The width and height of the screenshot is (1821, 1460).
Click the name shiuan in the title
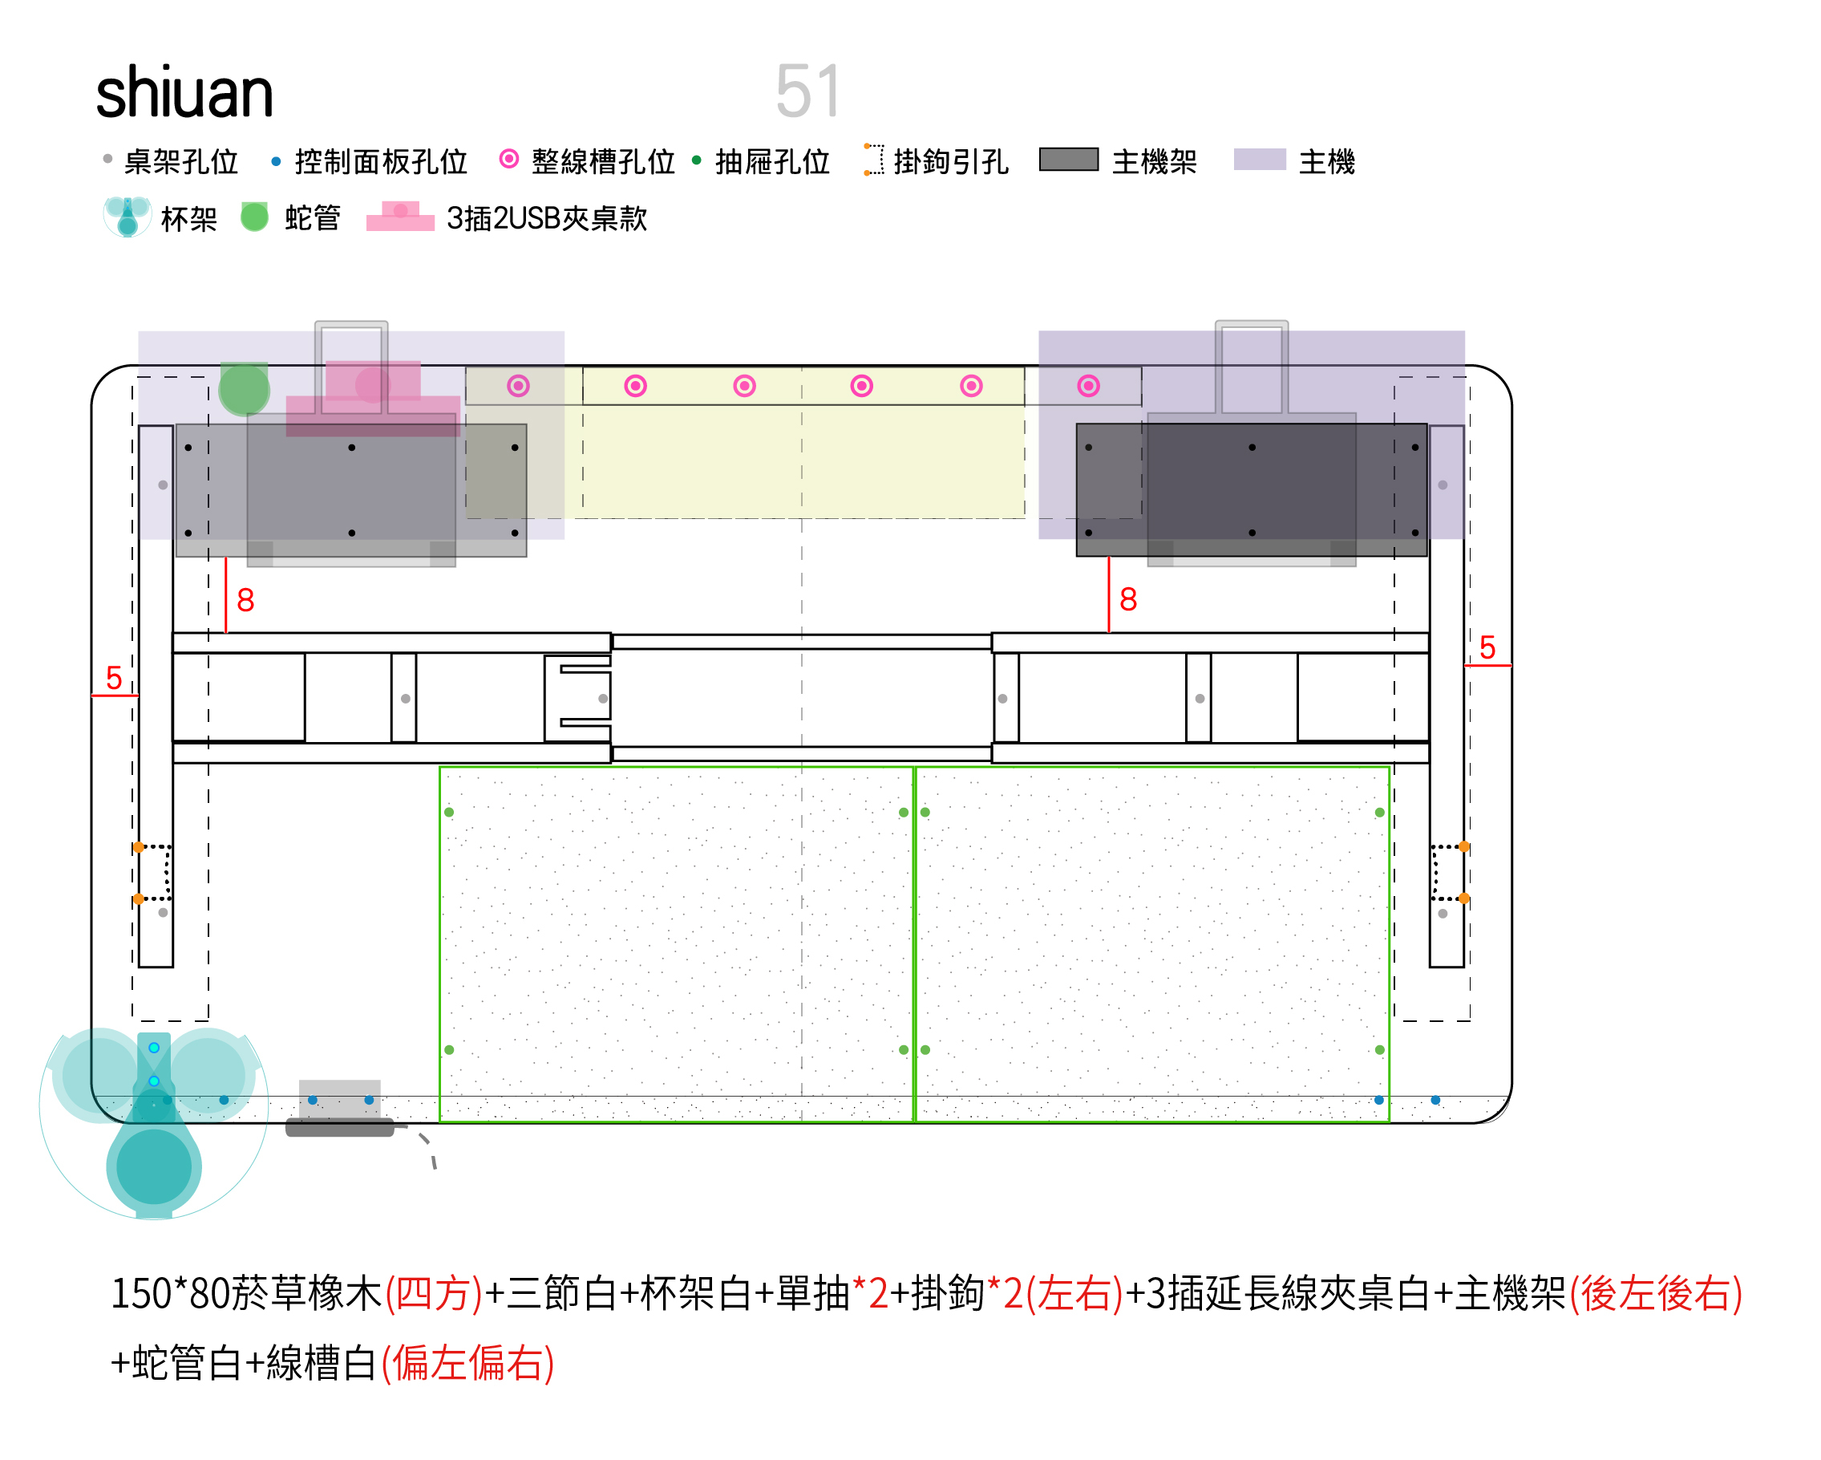tap(184, 92)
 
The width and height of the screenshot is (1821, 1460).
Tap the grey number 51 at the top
tap(807, 91)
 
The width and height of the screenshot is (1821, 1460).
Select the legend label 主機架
tap(1154, 161)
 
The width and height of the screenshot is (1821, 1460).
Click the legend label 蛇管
tap(312, 218)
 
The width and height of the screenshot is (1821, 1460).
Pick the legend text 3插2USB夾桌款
tap(547, 219)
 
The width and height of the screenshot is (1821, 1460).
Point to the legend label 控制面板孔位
tap(381, 161)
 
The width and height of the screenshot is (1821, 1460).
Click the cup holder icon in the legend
tap(127, 217)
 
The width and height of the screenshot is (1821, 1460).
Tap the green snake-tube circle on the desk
tap(244, 390)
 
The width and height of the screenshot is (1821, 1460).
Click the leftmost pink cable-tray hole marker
tap(518, 386)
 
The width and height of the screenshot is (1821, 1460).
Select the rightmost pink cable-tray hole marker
tap(1088, 386)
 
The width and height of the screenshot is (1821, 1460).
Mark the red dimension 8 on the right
tap(1127, 599)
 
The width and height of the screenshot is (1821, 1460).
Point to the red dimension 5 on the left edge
tap(114, 678)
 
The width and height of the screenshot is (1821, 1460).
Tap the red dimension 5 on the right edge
tap(1487, 647)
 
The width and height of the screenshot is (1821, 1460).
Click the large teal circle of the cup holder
tap(154, 1167)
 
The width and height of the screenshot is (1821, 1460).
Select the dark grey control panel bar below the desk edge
tap(339, 1127)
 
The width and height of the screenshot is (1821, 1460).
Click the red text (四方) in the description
tap(433, 1294)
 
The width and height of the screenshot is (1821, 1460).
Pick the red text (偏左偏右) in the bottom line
tap(467, 1363)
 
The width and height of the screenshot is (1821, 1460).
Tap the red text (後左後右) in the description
tap(1654, 1294)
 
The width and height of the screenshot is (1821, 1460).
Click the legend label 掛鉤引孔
tap(950, 161)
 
